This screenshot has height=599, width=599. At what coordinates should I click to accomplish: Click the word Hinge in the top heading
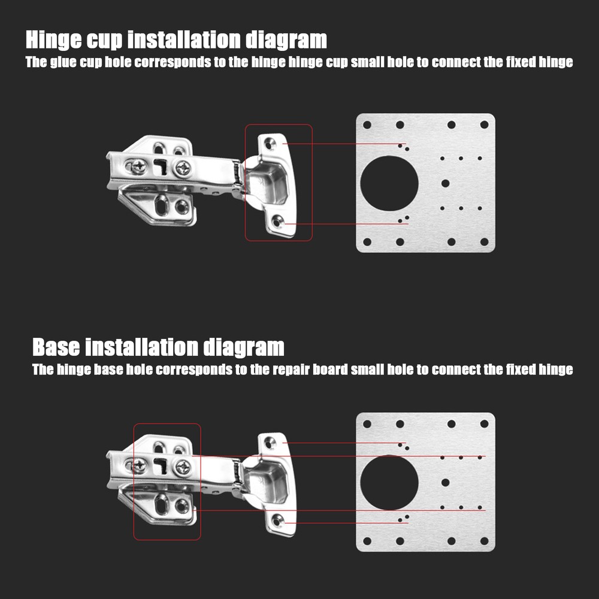tap(53, 40)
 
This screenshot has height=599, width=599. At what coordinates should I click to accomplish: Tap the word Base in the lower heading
tap(56, 347)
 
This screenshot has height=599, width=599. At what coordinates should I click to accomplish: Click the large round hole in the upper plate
tap(389, 183)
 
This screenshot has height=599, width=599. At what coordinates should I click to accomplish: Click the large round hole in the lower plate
tap(389, 482)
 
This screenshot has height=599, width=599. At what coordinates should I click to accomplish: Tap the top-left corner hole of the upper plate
tap(367, 125)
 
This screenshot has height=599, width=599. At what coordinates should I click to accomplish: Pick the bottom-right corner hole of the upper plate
tap(484, 241)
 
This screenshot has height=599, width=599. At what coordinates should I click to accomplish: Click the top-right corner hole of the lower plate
tap(484, 423)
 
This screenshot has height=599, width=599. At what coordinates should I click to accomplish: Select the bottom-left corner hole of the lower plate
tap(367, 540)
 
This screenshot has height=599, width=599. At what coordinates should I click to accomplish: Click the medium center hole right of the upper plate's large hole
tap(445, 183)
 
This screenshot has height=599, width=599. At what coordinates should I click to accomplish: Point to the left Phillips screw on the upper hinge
tap(138, 167)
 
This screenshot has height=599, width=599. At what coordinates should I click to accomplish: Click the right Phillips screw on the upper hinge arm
tap(183, 168)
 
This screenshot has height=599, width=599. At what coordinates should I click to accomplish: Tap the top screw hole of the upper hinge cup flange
tap(271, 144)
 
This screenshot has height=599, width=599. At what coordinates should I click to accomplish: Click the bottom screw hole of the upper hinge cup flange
tap(277, 222)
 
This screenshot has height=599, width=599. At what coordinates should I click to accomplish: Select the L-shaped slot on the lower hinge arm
tap(160, 465)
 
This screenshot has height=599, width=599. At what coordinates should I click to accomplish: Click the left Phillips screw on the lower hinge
tap(138, 465)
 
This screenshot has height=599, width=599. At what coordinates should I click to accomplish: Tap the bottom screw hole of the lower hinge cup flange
tap(277, 521)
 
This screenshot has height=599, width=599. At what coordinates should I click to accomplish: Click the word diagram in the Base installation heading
tap(243, 347)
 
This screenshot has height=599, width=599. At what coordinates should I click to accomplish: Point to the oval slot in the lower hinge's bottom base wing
tap(162, 504)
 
